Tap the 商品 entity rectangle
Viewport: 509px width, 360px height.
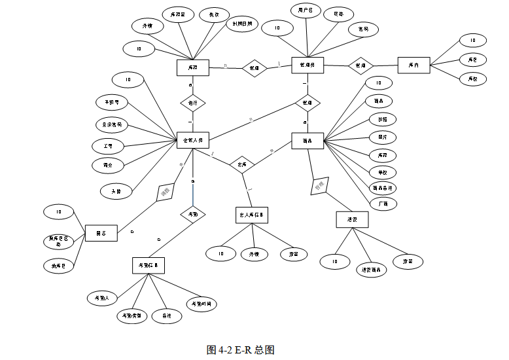(306, 141)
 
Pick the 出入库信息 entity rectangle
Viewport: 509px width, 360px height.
(252, 215)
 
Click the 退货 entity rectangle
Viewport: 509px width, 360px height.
(351, 220)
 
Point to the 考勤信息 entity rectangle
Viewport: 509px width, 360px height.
(147, 265)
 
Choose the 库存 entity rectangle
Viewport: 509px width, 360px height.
(192, 67)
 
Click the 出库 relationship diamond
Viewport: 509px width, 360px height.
(242, 164)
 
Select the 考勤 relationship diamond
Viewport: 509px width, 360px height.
(193, 213)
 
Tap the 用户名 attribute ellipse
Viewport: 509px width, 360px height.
(306, 11)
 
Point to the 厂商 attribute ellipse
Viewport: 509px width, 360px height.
(383, 204)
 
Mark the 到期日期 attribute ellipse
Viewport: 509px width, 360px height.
(241, 25)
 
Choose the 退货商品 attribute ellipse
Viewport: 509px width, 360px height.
(372, 270)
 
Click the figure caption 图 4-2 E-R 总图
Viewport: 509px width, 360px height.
(240, 350)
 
